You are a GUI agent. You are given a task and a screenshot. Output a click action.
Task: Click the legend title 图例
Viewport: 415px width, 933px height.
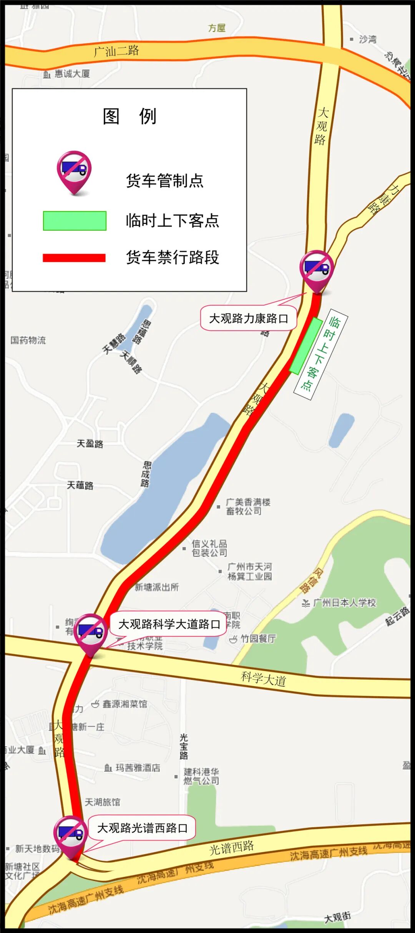pos(129,116)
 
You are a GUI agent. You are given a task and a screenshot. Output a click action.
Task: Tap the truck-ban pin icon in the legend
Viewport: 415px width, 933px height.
pos(74,172)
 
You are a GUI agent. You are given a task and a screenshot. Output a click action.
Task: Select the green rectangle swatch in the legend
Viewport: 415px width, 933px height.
pos(75,221)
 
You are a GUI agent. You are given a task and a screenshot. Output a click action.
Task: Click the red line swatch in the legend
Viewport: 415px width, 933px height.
pos(74,258)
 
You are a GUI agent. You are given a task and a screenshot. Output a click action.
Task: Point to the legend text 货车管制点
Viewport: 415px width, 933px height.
pos(164,181)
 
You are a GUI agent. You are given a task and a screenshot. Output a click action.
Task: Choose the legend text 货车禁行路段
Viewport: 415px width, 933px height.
pos(173,257)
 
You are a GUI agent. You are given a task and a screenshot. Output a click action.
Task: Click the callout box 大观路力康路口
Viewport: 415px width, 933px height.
pos(248,318)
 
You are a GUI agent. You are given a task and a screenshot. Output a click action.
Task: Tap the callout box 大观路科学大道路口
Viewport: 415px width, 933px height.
pos(169,624)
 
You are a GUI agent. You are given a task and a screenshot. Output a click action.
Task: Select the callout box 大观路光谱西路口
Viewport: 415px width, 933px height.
pos(142,828)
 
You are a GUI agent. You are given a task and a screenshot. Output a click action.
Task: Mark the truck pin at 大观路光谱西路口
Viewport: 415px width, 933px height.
pos(70,835)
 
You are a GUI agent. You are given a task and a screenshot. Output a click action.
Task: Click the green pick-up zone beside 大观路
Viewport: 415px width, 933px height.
pos(306,345)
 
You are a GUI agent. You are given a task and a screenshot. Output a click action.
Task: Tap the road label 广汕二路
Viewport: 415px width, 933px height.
pos(116,51)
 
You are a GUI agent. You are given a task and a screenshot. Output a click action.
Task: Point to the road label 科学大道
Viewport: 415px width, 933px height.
pos(264,678)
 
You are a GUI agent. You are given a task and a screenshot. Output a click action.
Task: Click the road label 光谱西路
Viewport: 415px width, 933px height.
pos(231,847)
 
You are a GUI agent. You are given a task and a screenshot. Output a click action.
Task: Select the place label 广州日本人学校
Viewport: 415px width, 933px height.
pos(344,603)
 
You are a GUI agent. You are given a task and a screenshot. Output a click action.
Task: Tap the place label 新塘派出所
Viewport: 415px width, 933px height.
pos(156,587)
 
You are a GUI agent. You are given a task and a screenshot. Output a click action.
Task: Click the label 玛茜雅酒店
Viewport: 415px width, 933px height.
pos(137,768)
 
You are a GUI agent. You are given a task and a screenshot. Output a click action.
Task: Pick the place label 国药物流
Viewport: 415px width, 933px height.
pos(28,340)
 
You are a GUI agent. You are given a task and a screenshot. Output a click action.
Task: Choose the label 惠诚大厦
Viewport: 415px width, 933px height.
pos(72,73)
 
